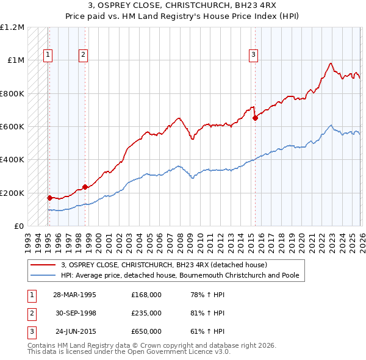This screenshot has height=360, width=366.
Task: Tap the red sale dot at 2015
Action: point(255,118)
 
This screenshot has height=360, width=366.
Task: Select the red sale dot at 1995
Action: point(49,198)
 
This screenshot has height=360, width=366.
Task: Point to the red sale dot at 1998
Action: point(85,187)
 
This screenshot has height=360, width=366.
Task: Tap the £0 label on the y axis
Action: point(18,226)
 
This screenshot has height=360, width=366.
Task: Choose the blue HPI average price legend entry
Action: point(179,275)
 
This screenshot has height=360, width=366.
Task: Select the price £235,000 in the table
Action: point(146,313)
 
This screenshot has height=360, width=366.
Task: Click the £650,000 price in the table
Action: point(146,332)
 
